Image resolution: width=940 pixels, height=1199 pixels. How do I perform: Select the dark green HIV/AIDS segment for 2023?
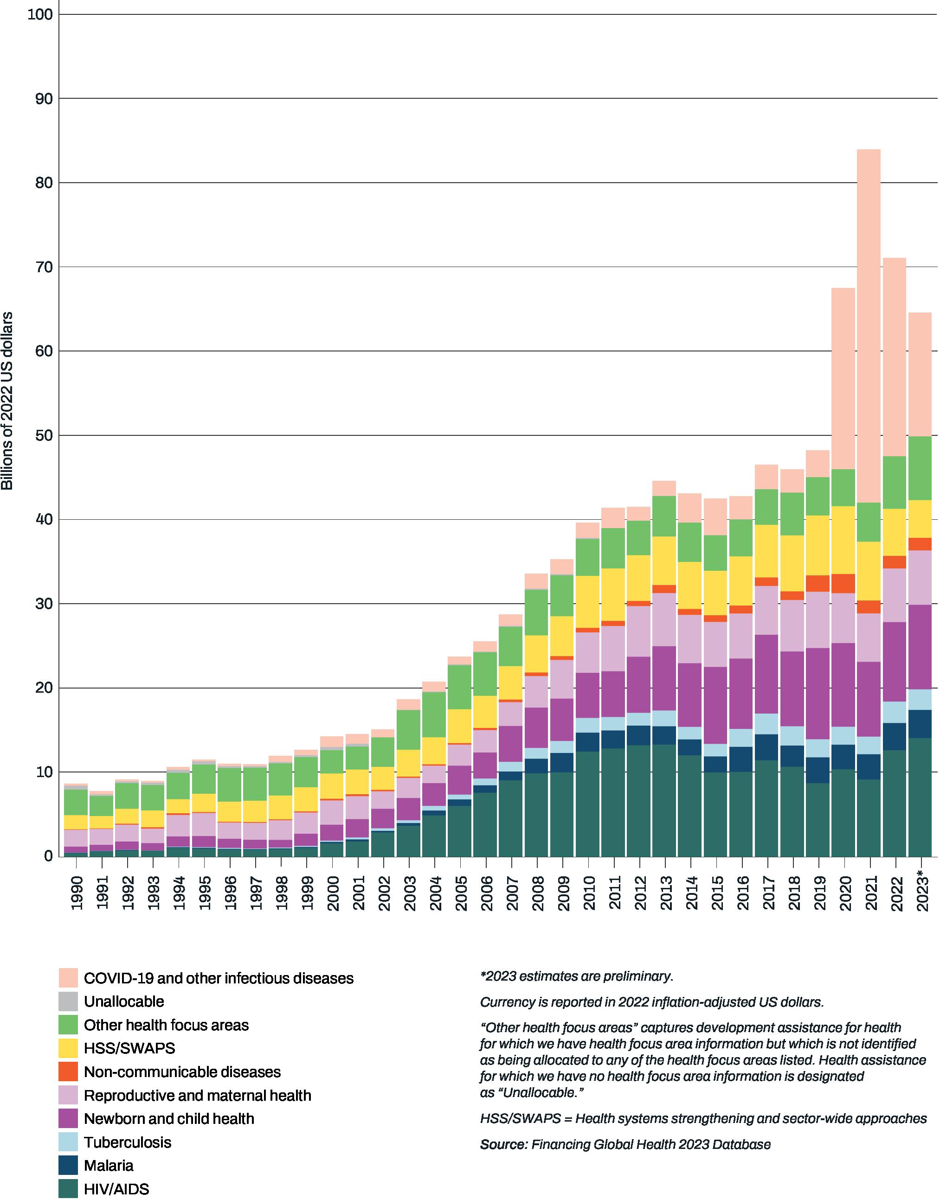pyautogui.click(x=920, y=797)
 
